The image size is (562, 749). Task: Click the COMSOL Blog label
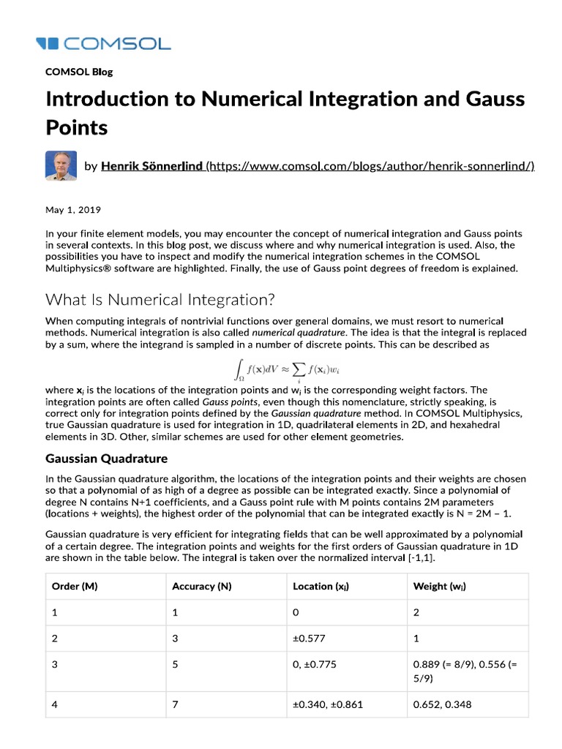pyautogui.click(x=79, y=72)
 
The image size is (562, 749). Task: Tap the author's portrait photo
pyautogui.click(x=61, y=166)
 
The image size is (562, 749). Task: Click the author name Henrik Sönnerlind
pyautogui.click(x=151, y=167)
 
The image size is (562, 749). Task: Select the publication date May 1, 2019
pyautogui.click(x=73, y=209)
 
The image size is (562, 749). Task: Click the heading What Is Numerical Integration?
pyautogui.click(x=160, y=299)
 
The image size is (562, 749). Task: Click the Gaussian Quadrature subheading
pyautogui.click(x=106, y=459)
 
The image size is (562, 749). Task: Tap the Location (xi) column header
pyautogui.click(x=321, y=586)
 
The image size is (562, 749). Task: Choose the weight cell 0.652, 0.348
pyautogui.click(x=442, y=705)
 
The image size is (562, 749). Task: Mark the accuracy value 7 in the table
pyautogui.click(x=175, y=705)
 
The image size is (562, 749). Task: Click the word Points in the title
pyautogui.click(x=77, y=127)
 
